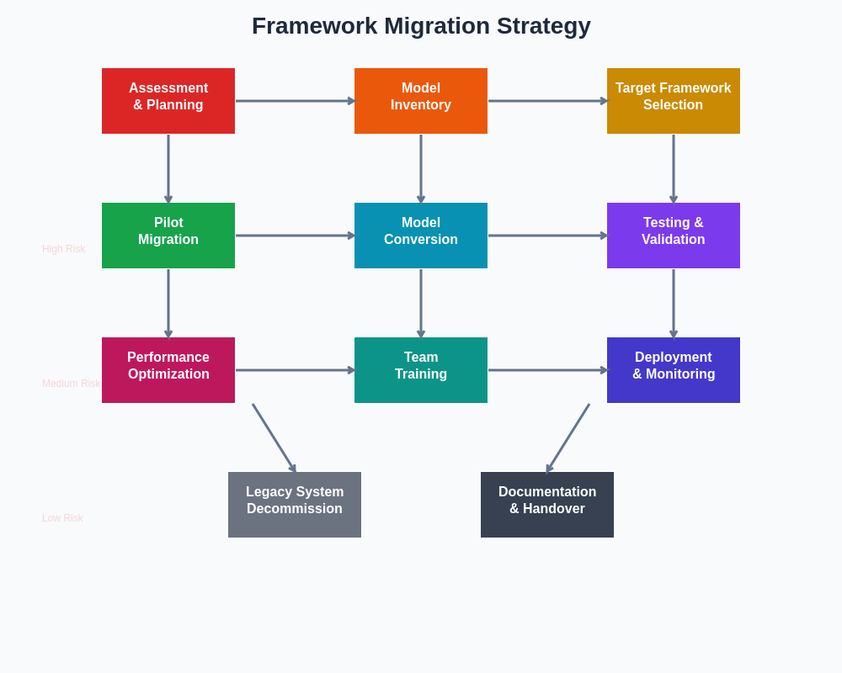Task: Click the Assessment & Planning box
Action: point(168,101)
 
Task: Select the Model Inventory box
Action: point(421,101)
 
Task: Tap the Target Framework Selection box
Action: point(674,101)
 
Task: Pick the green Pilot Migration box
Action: point(168,236)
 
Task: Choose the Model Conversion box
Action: point(421,236)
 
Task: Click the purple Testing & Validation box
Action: point(674,236)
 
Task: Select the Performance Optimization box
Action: point(168,370)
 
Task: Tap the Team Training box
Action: point(421,370)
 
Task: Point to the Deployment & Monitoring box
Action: point(674,370)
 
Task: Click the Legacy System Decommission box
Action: point(295,505)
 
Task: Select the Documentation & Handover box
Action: point(547,505)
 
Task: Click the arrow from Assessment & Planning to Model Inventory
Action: point(295,101)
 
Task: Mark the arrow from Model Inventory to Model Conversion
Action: point(421,168)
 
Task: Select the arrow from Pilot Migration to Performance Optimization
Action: point(168,303)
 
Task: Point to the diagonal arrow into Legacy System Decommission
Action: point(274,437)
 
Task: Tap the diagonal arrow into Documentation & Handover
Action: point(568,437)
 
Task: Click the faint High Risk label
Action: point(64,249)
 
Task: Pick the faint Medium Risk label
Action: point(71,384)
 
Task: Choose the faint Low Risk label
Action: point(62,518)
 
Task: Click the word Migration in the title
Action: point(436,26)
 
